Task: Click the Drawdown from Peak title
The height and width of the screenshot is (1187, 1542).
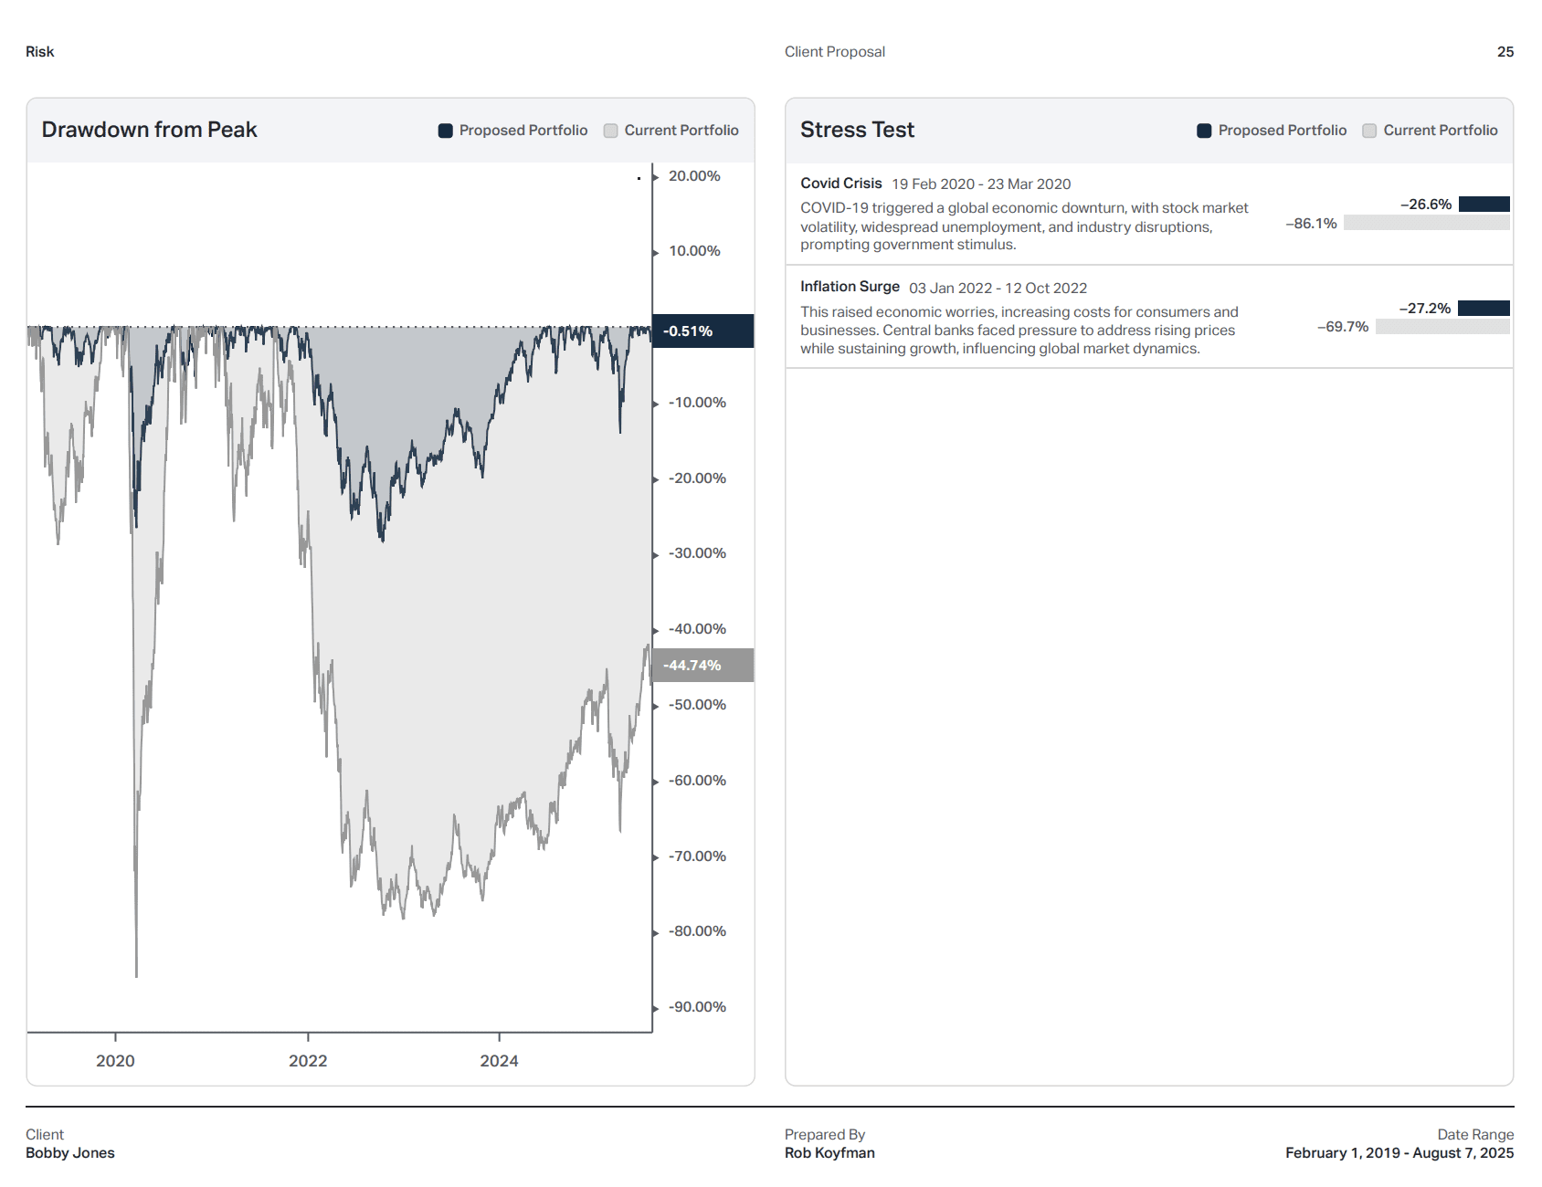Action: click(149, 130)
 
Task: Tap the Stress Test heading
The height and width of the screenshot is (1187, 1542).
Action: click(857, 130)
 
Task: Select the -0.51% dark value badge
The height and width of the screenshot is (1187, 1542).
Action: click(702, 331)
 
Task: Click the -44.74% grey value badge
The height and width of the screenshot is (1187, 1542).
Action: click(702, 665)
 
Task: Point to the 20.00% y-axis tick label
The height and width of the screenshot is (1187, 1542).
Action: click(694, 176)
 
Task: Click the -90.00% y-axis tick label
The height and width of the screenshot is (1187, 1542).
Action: click(697, 1007)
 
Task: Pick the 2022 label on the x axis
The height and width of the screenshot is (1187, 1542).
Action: click(308, 1061)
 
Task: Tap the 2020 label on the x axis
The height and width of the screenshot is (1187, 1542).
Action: click(115, 1061)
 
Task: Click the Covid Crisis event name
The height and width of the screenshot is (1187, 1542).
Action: click(840, 184)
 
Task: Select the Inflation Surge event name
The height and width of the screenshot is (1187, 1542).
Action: click(850, 287)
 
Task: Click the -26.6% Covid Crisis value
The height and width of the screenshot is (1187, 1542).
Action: click(1426, 205)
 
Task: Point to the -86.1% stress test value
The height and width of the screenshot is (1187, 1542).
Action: click(1311, 224)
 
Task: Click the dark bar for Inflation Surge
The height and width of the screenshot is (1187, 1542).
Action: click(1484, 309)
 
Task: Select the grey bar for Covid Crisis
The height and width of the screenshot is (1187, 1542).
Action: click(1426, 223)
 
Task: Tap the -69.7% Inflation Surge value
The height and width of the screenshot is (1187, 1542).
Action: click(1343, 327)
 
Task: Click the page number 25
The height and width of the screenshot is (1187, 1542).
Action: click(1505, 52)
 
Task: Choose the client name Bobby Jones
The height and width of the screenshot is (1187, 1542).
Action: click(70, 1153)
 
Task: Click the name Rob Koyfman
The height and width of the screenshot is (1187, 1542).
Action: click(829, 1153)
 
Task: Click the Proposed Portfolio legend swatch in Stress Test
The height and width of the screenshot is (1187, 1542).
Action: click(1204, 131)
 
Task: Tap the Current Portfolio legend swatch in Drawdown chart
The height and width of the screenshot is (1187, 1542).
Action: click(611, 131)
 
